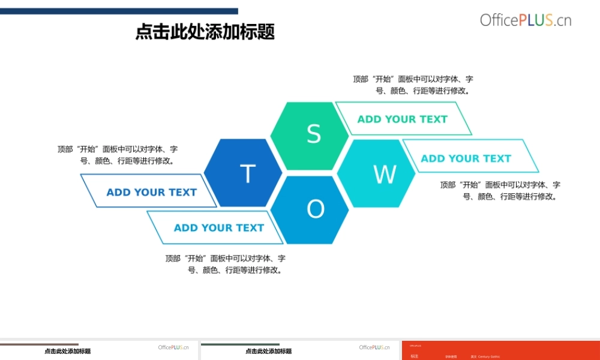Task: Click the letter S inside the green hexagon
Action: tap(314, 134)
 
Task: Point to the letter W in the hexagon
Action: tap(385, 175)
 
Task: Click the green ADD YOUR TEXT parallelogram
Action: tap(403, 119)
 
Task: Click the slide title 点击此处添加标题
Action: tap(205, 31)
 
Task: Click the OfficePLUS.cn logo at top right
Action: tap(525, 20)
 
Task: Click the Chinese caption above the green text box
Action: tap(413, 85)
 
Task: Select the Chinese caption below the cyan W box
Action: tap(500, 190)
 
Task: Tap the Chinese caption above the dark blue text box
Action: tap(118, 155)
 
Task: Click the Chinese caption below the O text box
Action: tap(226, 264)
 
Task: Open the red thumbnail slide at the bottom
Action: tap(500, 350)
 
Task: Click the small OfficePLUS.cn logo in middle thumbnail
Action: tap(374, 347)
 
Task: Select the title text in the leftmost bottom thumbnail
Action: tap(67, 352)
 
